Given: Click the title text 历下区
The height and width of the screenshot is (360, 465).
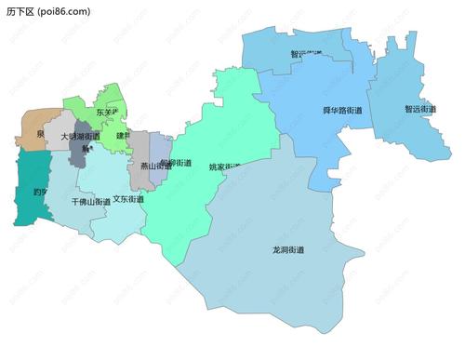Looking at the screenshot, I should [x=20, y=11].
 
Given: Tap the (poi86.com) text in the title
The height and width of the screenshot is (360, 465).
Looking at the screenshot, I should [x=64, y=11].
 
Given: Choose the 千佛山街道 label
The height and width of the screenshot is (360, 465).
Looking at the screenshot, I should [x=90, y=201].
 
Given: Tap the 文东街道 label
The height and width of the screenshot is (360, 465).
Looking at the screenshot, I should [x=128, y=198].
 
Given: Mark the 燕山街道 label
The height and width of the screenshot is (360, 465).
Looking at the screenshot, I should [x=155, y=167].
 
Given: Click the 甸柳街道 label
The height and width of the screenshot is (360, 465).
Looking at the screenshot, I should [x=176, y=163].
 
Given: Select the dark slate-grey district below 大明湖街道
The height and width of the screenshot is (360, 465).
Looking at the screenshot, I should [x=79, y=152].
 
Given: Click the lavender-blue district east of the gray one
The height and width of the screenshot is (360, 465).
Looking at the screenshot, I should [x=161, y=147].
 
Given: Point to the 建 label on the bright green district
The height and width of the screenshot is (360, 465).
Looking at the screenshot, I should [x=121, y=136].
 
